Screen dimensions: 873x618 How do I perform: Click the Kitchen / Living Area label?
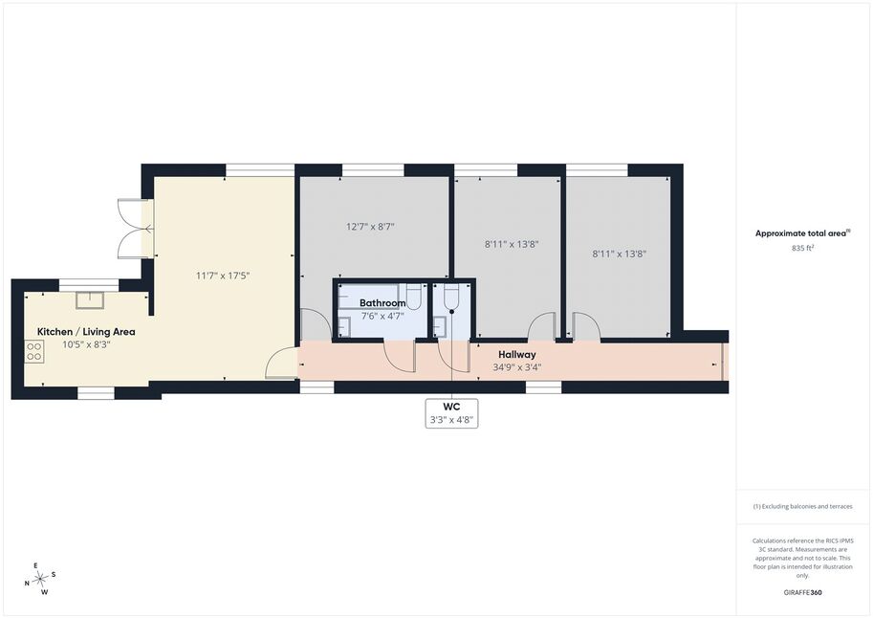coord(86,332)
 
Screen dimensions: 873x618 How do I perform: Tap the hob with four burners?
coord(34,352)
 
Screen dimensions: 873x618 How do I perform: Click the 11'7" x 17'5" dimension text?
coord(223,276)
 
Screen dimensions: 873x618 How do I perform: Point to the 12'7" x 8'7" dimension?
coord(370,227)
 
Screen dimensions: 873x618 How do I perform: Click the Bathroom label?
coord(382,303)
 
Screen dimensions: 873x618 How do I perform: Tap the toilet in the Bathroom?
coord(413,296)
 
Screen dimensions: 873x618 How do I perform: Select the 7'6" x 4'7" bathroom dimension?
coord(382,316)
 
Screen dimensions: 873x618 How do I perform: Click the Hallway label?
coord(516,354)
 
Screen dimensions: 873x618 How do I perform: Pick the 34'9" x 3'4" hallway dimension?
coord(516,367)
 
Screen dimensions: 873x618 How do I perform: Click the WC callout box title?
coord(452,407)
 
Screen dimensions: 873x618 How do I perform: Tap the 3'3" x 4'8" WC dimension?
coord(452,420)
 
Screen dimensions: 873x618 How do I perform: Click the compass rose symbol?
coord(41,580)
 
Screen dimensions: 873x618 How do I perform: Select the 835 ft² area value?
coord(802,248)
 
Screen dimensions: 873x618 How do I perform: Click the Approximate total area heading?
coord(802,233)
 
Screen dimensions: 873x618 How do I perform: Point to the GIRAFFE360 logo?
coord(802,592)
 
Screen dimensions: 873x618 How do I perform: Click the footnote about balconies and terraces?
coord(802,506)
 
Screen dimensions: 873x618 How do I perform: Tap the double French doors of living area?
coord(135,228)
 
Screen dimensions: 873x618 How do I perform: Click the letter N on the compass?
coord(27,584)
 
